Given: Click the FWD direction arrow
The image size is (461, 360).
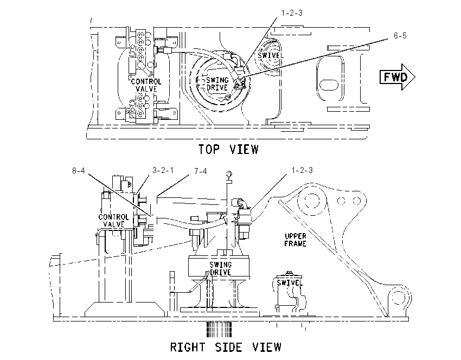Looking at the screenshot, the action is coord(397,77).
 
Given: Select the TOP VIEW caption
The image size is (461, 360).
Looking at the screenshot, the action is coord(228,149).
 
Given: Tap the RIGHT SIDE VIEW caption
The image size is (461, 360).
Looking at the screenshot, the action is coord(226,347).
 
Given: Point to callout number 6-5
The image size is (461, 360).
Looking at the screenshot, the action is coord(400,36).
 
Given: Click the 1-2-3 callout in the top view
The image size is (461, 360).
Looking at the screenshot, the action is coord(292,13).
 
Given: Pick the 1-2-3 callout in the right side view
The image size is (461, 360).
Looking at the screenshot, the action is coord(302,170).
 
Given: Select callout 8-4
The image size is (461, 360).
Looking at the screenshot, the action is coord(78,170).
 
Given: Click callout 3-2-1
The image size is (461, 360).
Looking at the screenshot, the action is coord(163,170).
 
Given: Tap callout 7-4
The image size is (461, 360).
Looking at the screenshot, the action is coord(201,171).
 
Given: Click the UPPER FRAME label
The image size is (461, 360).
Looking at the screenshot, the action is coord(296,240).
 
